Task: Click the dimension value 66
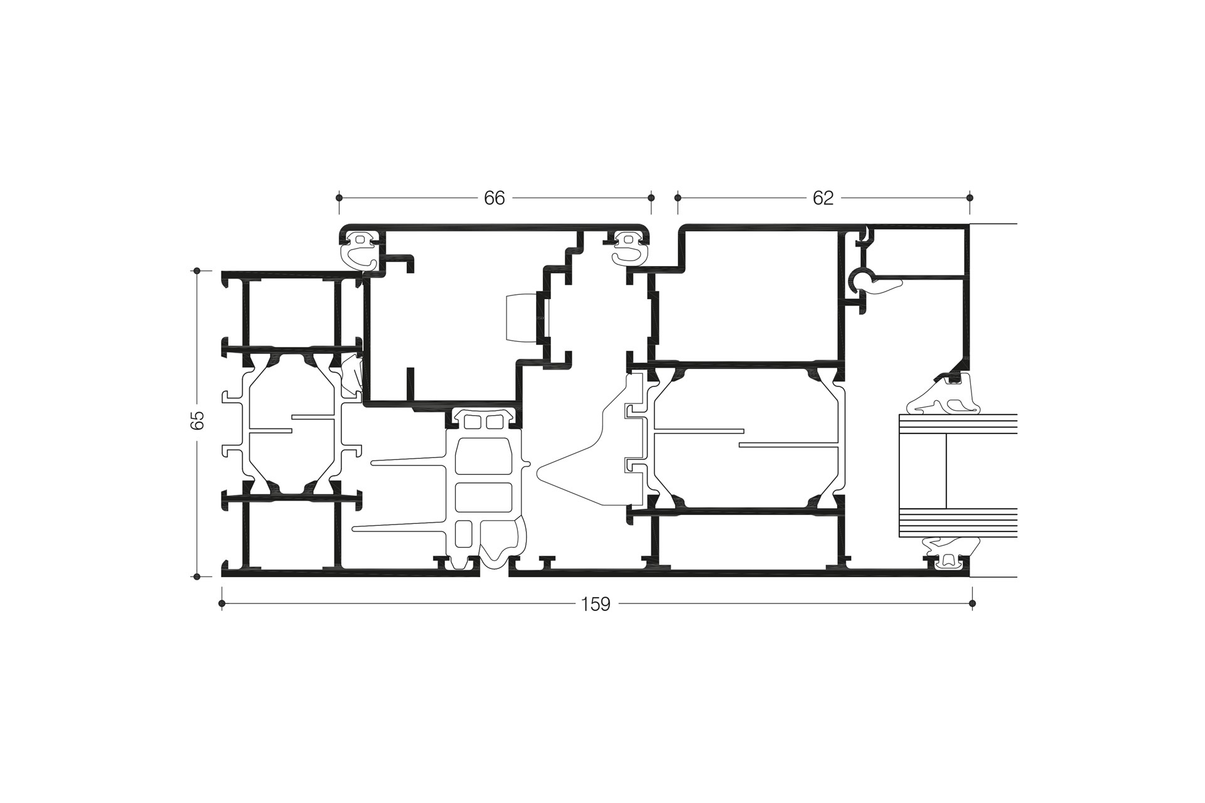495,198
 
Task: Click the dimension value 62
823,198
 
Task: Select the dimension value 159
596,604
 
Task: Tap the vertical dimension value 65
198,420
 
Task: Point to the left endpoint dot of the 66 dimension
340,198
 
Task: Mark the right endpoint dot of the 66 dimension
651,198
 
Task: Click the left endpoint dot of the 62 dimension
678,198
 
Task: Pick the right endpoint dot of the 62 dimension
970,198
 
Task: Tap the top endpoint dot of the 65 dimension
197,271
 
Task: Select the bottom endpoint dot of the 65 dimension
197,576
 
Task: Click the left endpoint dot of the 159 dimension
222,604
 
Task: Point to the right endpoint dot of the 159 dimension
972,604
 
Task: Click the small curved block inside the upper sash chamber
521,318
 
